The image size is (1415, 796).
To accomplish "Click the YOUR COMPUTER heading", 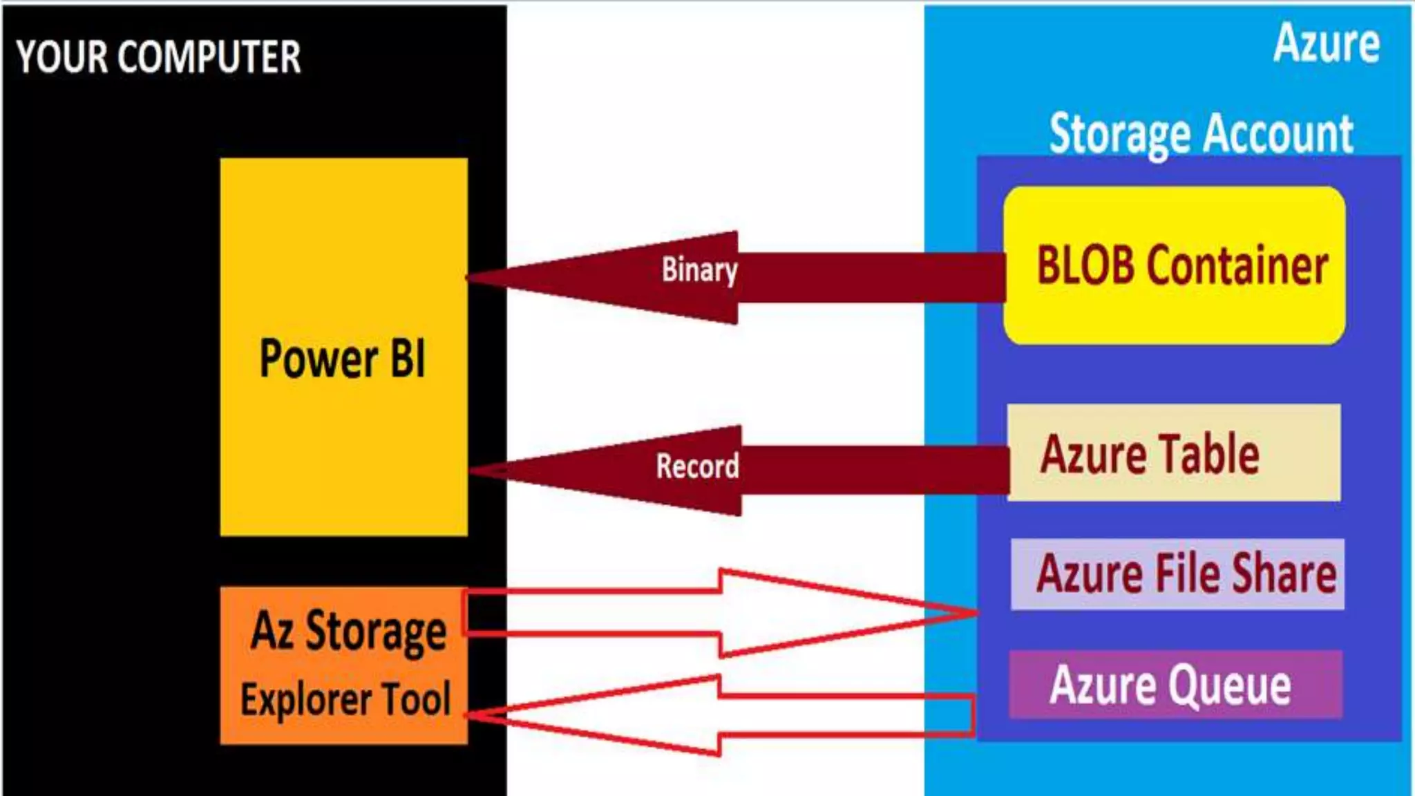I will click(158, 57).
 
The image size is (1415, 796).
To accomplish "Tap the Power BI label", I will click(343, 359).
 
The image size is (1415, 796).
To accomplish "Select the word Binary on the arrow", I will click(699, 270).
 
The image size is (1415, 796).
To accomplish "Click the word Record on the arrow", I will click(697, 466).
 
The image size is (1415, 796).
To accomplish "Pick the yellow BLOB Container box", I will click(1174, 265).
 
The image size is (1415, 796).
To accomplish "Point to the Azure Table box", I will click(1174, 453).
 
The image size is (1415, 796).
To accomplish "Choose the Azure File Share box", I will click(1177, 574).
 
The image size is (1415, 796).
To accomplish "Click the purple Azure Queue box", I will click(1175, 685).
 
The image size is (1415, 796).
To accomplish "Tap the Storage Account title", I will click(1201, 133).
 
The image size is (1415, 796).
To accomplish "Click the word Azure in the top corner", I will click(1327, 44).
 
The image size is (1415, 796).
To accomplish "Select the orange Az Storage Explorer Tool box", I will click(343, 665).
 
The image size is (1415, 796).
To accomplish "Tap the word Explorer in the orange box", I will click(304, 699).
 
